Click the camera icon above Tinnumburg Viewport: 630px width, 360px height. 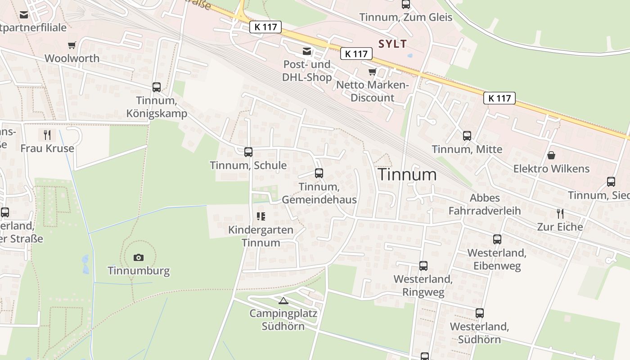[x=139, y=257]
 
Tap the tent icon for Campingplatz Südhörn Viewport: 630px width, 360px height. [x=283, y=301]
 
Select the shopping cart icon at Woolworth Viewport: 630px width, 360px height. [x=72, y=45]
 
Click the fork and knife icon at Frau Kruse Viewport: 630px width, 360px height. [x=47, y=135]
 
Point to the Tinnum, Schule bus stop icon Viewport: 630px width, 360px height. [x=248, y=152]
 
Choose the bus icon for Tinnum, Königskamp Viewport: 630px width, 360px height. [x=157, y=87]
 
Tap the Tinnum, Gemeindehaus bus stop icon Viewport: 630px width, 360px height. [x=319, y=173]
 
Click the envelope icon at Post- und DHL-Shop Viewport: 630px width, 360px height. [x=307, y=51]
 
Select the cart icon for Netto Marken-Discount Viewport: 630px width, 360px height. [x=372, y=72]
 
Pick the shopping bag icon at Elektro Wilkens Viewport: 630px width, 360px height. [x=551, y=156]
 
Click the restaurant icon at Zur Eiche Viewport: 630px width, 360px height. [x=560, y=213]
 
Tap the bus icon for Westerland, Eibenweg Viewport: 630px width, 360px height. [x=497, y=239]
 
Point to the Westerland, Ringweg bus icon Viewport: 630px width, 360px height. [x=423, y=266]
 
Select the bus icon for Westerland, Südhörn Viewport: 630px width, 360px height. [x=480, y=313]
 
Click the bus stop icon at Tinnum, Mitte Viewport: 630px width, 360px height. [x=467, y=136]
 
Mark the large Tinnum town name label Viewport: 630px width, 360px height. [x=407, y=175]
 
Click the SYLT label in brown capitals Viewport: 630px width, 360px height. [x=393, y=44]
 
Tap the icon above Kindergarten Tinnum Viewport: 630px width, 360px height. [x=261, y=216]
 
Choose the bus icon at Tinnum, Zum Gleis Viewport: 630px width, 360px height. [x=406, y=4]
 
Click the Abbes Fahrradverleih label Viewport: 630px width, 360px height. [x=485, y=204]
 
